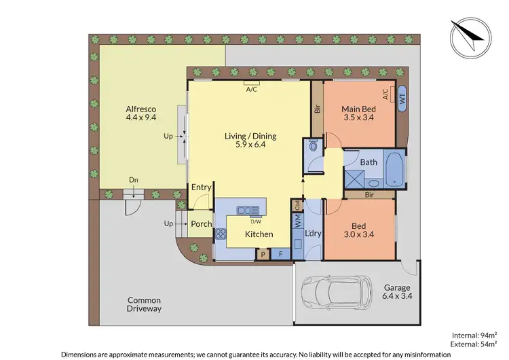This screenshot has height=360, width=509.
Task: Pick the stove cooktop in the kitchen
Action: (x=220, y=234)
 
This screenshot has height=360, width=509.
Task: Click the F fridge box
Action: (x=282, y=255)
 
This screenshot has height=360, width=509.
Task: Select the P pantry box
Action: (x=263, y=255)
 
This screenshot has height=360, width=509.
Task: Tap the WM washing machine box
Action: (x=297, y=221)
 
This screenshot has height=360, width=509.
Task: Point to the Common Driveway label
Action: (x=145, y=304)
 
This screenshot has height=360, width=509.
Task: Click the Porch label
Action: (x=201, y=224)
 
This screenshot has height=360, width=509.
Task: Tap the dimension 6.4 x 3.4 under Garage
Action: (x=396, y=295)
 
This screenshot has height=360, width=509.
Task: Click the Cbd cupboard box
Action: (x=297, y=204)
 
